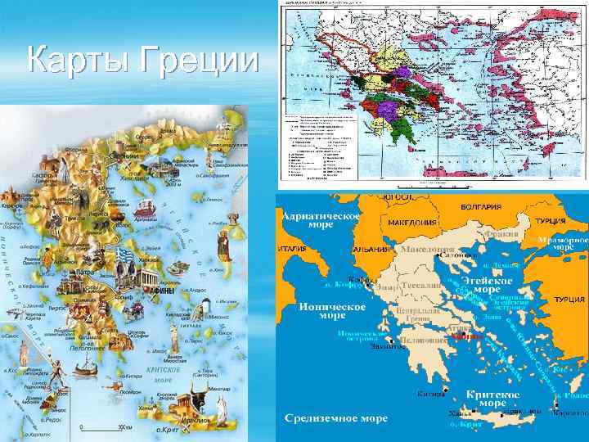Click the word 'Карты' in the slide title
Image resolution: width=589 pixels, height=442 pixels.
pyautogui.click(x=78, y=61)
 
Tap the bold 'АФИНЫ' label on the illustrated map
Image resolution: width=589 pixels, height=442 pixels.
pyautogui.click(x=159, y=290)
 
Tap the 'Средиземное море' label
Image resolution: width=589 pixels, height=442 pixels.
pyautogui.click(x=336, y=417)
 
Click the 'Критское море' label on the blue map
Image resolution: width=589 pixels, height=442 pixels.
pyautogui.click(x=488, y=399)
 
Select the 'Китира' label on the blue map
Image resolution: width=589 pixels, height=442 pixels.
pyautogui.click(x=425, y=394)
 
